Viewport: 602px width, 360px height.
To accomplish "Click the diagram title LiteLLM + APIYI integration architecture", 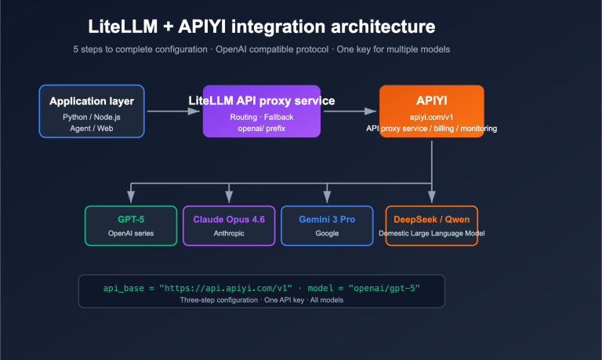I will tap(262, 28).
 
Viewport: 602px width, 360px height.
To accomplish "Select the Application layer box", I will tap(92, 111).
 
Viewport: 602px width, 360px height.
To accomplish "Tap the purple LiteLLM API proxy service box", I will tap(262, 111).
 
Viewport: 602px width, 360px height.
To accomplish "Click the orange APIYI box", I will tap(431, 111).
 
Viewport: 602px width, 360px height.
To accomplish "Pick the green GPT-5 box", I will tap(131, 225).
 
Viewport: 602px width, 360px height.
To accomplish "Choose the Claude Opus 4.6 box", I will tap(229, 225).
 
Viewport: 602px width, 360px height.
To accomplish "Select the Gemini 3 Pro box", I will tap(327, 225).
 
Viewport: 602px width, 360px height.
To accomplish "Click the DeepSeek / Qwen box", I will tap(431, 225).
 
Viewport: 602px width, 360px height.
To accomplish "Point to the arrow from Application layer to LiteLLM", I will tap(173, 111).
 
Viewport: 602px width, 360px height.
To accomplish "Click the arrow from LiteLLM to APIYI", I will tap(350, 111).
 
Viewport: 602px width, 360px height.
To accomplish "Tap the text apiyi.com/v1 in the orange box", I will tap(431, 116).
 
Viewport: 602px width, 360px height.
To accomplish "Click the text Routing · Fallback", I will tap(262, 116).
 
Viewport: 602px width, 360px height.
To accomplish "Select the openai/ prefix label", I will tap(262, 128).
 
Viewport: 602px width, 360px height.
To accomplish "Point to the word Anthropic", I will tap(229, 233).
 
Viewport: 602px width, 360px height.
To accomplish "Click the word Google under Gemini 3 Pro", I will tap(327, 233).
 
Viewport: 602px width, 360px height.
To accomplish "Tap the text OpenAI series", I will tap(131, 233).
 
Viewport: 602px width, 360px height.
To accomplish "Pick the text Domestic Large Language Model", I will tap(431, 233).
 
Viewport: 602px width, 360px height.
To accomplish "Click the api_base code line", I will tap(262, 288).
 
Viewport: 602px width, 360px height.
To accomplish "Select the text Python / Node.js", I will tap(92, 116).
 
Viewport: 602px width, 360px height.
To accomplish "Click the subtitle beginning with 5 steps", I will tap(262, 49).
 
